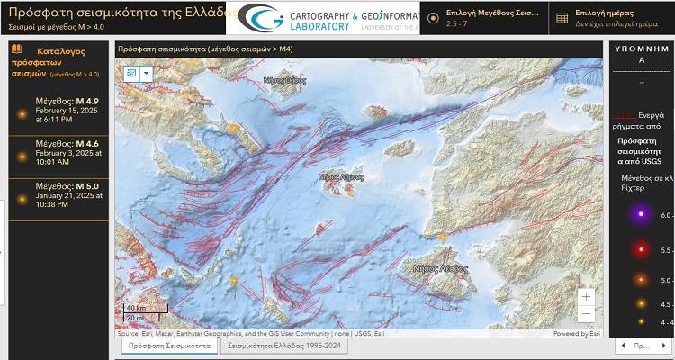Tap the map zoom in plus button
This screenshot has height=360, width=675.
click(586, 296)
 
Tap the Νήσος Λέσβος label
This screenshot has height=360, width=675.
click(440, 268)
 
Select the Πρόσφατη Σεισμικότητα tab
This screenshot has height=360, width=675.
click(169, 345)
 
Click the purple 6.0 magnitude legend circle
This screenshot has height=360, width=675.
click(641, 214)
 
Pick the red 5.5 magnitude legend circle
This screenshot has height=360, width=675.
click(641, 249)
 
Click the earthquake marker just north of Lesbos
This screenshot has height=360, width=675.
click(443, 237)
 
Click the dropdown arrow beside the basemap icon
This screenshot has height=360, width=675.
click(147, 73)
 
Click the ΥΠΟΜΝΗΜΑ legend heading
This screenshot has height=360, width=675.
click(641, 53)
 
